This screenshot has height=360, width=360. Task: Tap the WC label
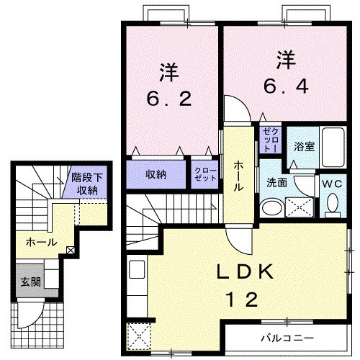tap(332, 184)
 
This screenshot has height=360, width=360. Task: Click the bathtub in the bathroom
tap(333, 148)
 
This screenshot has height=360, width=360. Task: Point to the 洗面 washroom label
tap(277, 183)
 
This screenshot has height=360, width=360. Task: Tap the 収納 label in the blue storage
tap(157, 175)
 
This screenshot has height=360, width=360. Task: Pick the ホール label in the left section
tap(41, 242)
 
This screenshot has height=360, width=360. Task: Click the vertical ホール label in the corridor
tap(236, 176)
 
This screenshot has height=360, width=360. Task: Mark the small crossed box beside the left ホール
tap(70, 251)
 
